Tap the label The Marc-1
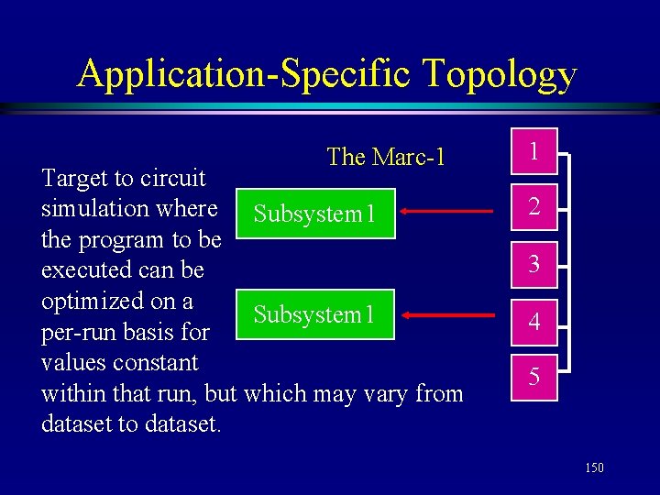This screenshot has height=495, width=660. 386,157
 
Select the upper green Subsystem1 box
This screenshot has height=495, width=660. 314,214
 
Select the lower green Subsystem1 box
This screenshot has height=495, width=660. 314,314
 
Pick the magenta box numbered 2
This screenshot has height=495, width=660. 533,209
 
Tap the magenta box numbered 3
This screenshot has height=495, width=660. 533,265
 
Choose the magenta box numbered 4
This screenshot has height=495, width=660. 533,322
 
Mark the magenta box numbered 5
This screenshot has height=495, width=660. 533,377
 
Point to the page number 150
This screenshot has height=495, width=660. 594,468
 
